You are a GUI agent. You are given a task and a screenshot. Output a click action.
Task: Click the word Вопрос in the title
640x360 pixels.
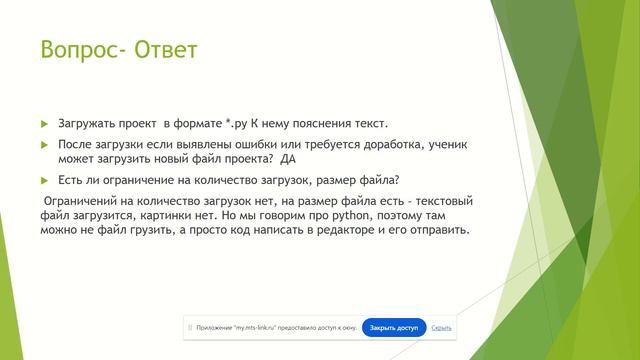click(76, 49)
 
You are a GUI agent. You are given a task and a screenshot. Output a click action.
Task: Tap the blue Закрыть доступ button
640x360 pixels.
click(394, 327)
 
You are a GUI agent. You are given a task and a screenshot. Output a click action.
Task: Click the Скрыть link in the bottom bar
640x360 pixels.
click(441, 327)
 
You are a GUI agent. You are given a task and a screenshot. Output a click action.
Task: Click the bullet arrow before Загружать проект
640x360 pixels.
click(44, 123)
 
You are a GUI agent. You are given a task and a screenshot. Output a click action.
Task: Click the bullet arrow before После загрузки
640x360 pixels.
click(44, 146)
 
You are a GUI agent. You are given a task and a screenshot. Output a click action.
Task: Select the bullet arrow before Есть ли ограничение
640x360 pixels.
click(44, 180)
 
